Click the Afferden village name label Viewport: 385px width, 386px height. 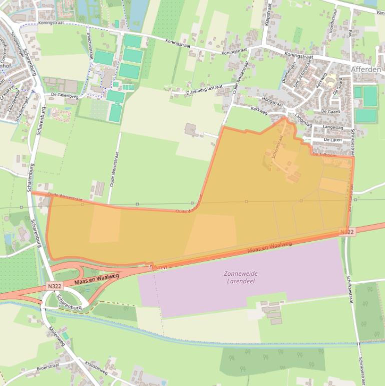[x=366, y=69]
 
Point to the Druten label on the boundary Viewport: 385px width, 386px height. [x=158, y=268]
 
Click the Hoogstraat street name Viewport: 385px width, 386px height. [x=273, y=103]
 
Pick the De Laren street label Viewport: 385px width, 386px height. [x=332, y=139]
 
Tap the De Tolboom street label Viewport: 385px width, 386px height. [x=322, y=155]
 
